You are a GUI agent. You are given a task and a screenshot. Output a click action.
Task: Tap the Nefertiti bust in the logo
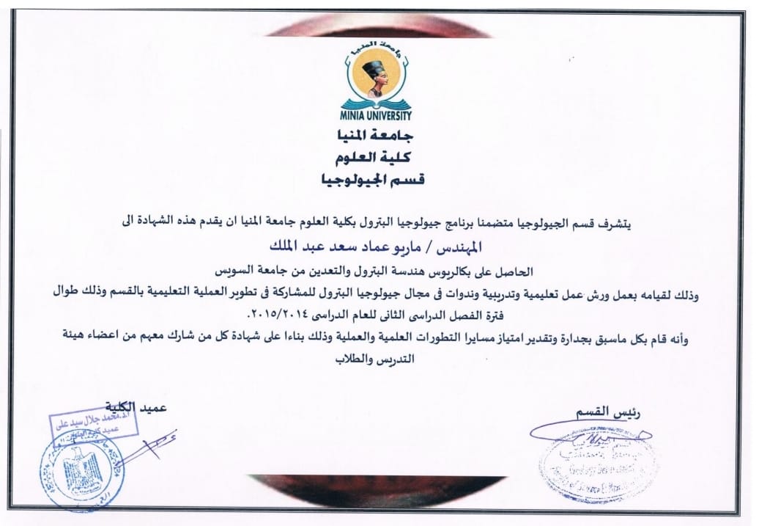[x=378, y=77]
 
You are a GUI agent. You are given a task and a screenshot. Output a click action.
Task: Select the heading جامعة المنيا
[x=378, y=136]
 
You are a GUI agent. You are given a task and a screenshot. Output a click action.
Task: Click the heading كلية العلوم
[x=378, y=158]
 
